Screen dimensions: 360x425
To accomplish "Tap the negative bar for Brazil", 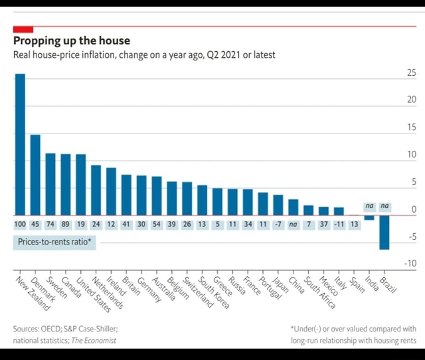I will (384, 232).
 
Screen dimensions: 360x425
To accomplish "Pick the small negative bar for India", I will (369, 217).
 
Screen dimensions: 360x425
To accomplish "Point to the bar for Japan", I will (278, 205).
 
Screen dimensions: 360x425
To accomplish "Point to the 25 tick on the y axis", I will (411, 73).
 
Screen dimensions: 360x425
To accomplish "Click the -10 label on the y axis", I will (410, 264).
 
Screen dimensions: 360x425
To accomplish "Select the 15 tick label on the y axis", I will (411, 128).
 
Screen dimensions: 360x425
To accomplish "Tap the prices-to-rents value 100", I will (20, 225).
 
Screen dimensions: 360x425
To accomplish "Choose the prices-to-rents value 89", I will (66, 225).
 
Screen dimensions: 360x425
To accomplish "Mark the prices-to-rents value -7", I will (278, 225).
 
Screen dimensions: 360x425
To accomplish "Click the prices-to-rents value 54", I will (157, 225).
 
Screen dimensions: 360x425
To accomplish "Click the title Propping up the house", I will (72, 41).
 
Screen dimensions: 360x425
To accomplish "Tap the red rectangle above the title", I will (23, 29).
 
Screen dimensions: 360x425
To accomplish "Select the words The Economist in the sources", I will (94, 340).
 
